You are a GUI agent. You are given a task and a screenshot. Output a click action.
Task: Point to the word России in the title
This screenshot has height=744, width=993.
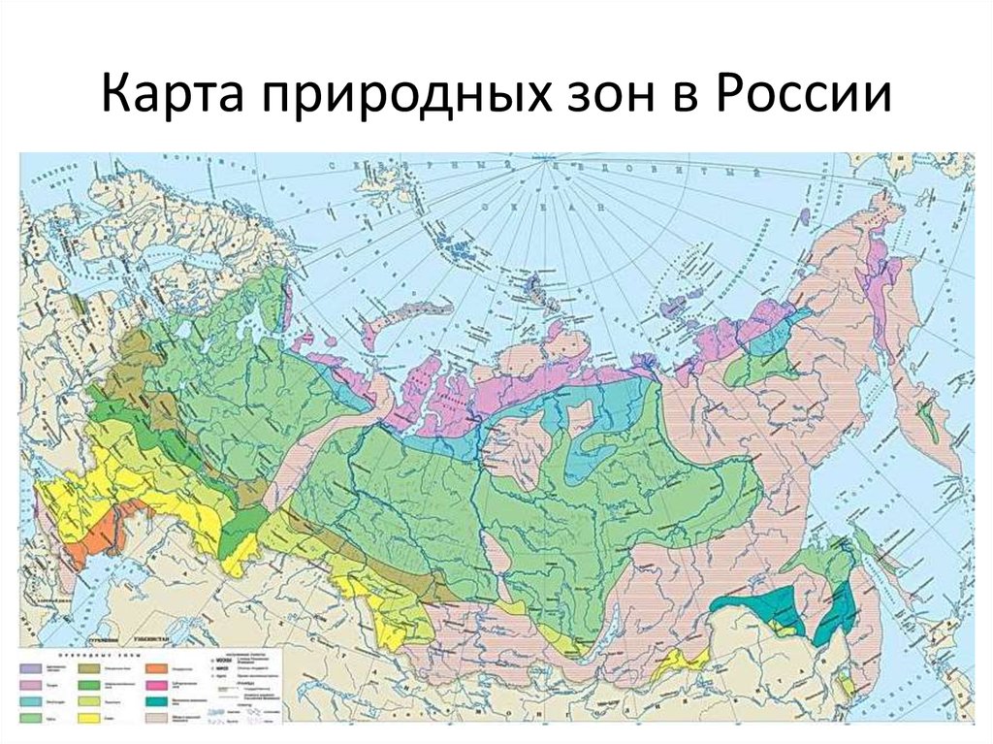pyautogui.click(x=804, y=98)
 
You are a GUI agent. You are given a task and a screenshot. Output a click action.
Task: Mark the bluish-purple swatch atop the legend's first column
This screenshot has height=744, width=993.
pyautogui.click(x=30, y=668)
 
